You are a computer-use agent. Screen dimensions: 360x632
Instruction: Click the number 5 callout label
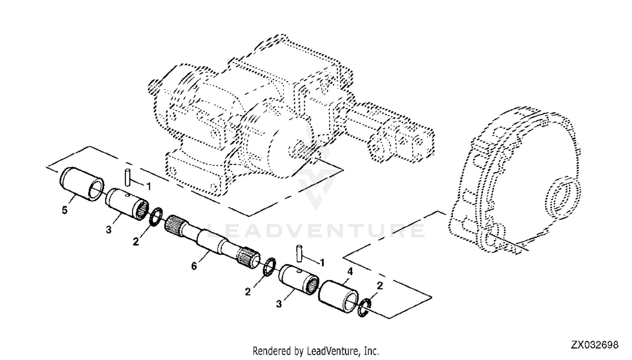pos(64,210)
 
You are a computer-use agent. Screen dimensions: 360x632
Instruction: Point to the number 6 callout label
pos(194,266)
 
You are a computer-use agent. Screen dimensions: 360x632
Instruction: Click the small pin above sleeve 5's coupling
pos(126,176)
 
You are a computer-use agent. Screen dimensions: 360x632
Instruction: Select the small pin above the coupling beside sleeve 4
pos(300,253)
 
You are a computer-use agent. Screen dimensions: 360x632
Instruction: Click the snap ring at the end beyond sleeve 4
pos(364,307)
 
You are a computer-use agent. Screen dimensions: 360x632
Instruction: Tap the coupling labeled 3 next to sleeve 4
pos(298,279)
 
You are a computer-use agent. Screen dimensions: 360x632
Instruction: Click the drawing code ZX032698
pos(595,345)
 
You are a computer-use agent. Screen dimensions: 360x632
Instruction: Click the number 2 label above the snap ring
pos(380,286)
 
